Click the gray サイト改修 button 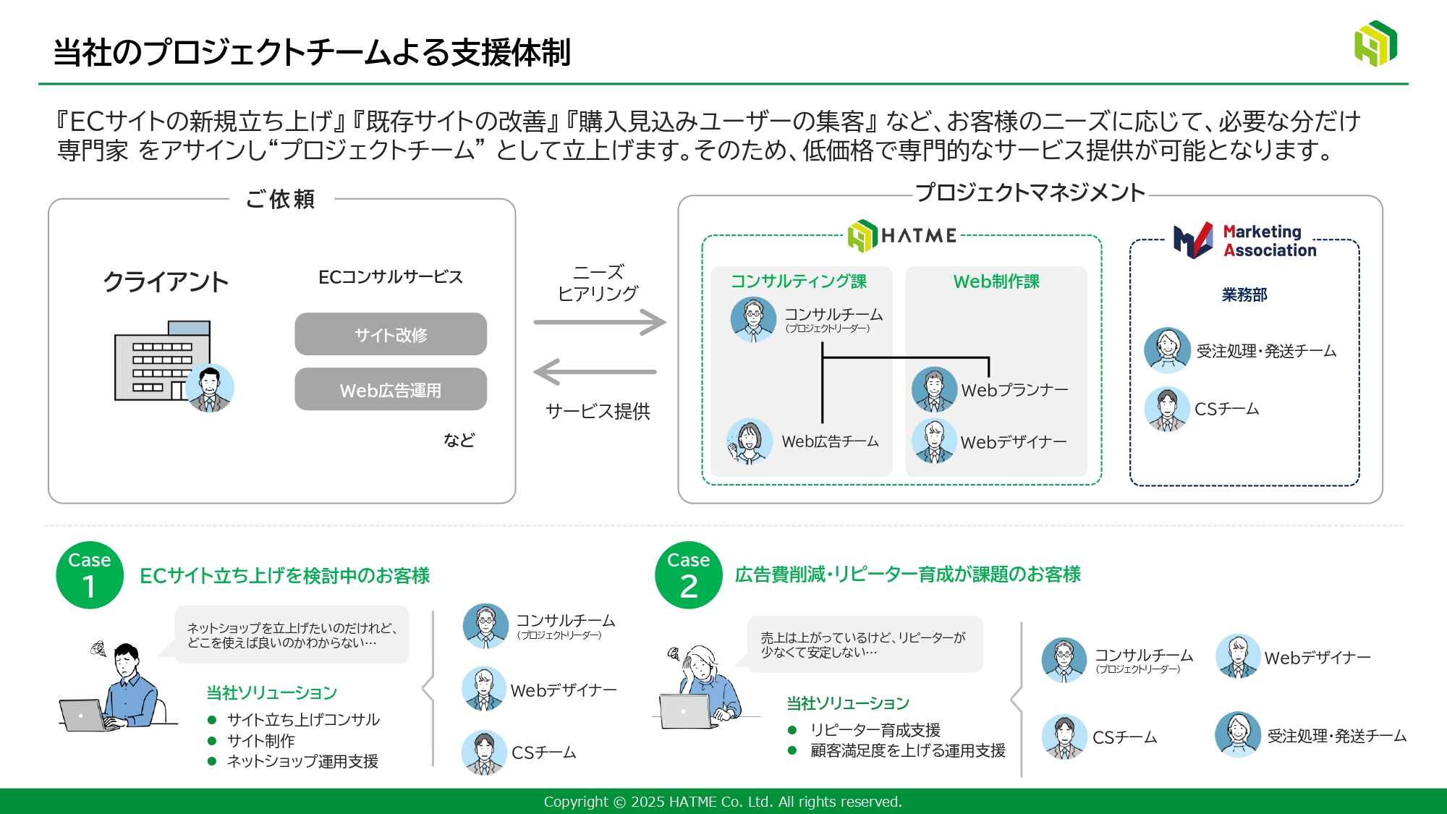tap(391, 334)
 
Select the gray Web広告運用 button tap(391, 389)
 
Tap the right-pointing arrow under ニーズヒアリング tap(600, 322)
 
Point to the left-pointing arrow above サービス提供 tap(595, 372)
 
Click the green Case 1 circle tap(90, 575)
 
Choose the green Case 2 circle tap(689, 575)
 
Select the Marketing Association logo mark tap(1193, 240)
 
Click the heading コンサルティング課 tap(799, 281)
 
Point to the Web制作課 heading tap(996, 281)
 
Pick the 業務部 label tap(1244, 294)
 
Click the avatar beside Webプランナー tap(934, 389)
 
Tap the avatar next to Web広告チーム tap(749, 441)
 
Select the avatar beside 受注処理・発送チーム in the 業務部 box tap(1167, 350)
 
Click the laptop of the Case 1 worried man tap(85, 716)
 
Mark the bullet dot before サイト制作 tap(212, 741)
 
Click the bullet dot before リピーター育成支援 tap(792, 730)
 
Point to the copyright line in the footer tap(723, 802)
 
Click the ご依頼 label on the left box tap(281, 199)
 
